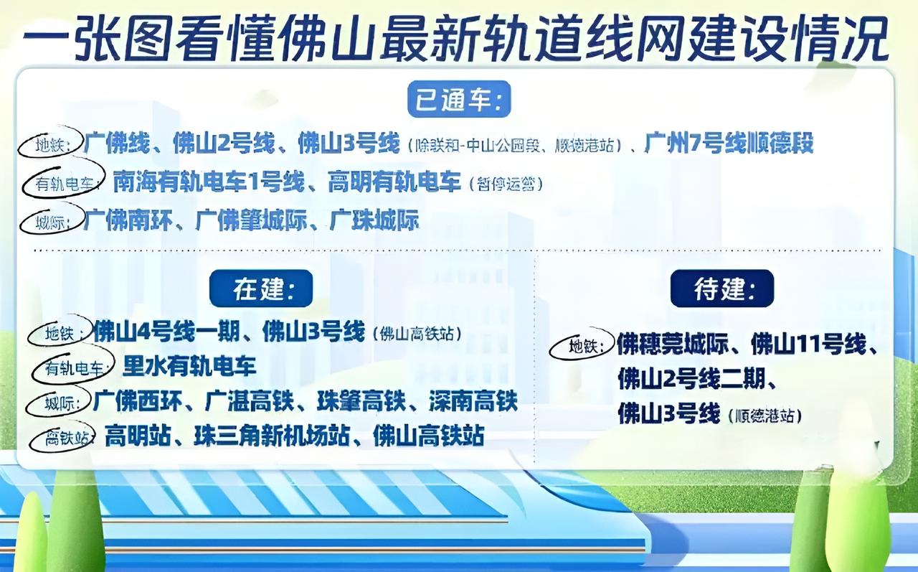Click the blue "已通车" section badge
coord(459,100)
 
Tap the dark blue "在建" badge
coord(261,289)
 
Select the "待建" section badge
coord(722,289)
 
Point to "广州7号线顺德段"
coord(729,144)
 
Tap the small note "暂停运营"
coord(506,184)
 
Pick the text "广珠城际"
coord(374,220)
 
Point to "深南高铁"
coord(473,401)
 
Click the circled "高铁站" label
coord(62,437)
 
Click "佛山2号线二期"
coord(692,379)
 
